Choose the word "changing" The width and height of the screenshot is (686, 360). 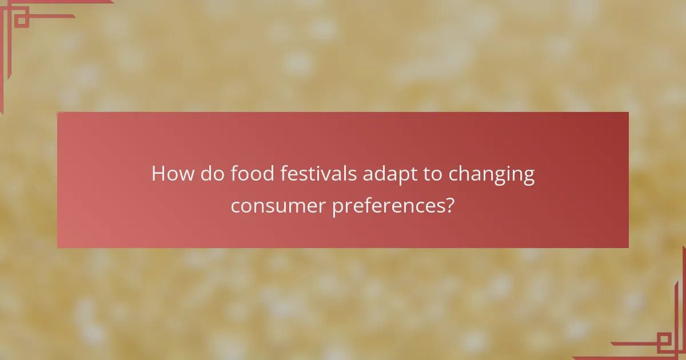point(492,175)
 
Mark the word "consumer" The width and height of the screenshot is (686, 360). point(279,206)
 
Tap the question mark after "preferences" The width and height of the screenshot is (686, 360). point(450,205)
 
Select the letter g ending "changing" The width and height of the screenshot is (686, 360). point(528,177)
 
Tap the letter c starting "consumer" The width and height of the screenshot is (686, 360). point(235,206)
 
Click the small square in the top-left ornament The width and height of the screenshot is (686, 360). point(21,21)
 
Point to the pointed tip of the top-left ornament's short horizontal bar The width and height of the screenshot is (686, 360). point(74,16)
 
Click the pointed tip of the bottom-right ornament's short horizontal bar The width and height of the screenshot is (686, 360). point(612,344)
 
